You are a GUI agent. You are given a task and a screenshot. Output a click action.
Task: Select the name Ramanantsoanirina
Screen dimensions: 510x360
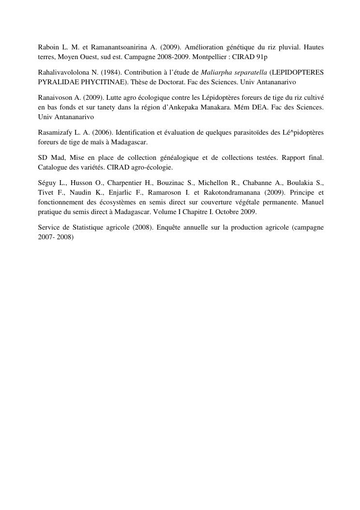pyautogui.click(x=116, y=47)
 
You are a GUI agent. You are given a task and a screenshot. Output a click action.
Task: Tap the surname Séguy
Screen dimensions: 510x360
pyautogui.click(x=47, y=183)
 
